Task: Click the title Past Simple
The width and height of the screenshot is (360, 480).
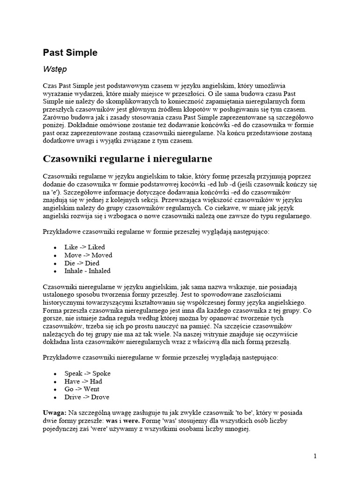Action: click(x=70, y=53)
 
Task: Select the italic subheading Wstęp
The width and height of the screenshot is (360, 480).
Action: click(x=55, y=69)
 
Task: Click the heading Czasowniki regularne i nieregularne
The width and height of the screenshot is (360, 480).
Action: click(x=127, y=159)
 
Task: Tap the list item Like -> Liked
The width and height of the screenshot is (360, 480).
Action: click(x=84, y=247)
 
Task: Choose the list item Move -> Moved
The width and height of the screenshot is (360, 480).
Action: click(x=88, y=255)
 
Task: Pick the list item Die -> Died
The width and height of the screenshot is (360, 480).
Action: click(x=82, y=263)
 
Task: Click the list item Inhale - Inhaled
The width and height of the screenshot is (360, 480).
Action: click(x=87, y=271)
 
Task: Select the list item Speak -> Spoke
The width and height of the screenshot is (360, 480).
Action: click(x=87, y=374)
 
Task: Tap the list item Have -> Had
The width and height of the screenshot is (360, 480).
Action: click(x=83, y=382)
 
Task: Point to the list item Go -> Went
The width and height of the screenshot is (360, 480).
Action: click(x=82, y=390)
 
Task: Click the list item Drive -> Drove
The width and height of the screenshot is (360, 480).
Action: click(x=87, y=397)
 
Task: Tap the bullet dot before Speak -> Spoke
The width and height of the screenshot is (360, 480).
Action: click(x=55, y=374)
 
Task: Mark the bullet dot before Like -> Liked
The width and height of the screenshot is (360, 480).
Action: click(x=55, y=247)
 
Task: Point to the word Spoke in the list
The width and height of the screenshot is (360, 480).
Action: click(x=101, y=374)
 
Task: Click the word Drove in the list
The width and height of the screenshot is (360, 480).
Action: click(x=100, y=397)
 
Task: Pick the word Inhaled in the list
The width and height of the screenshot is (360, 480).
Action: click(x=99, y=271)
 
